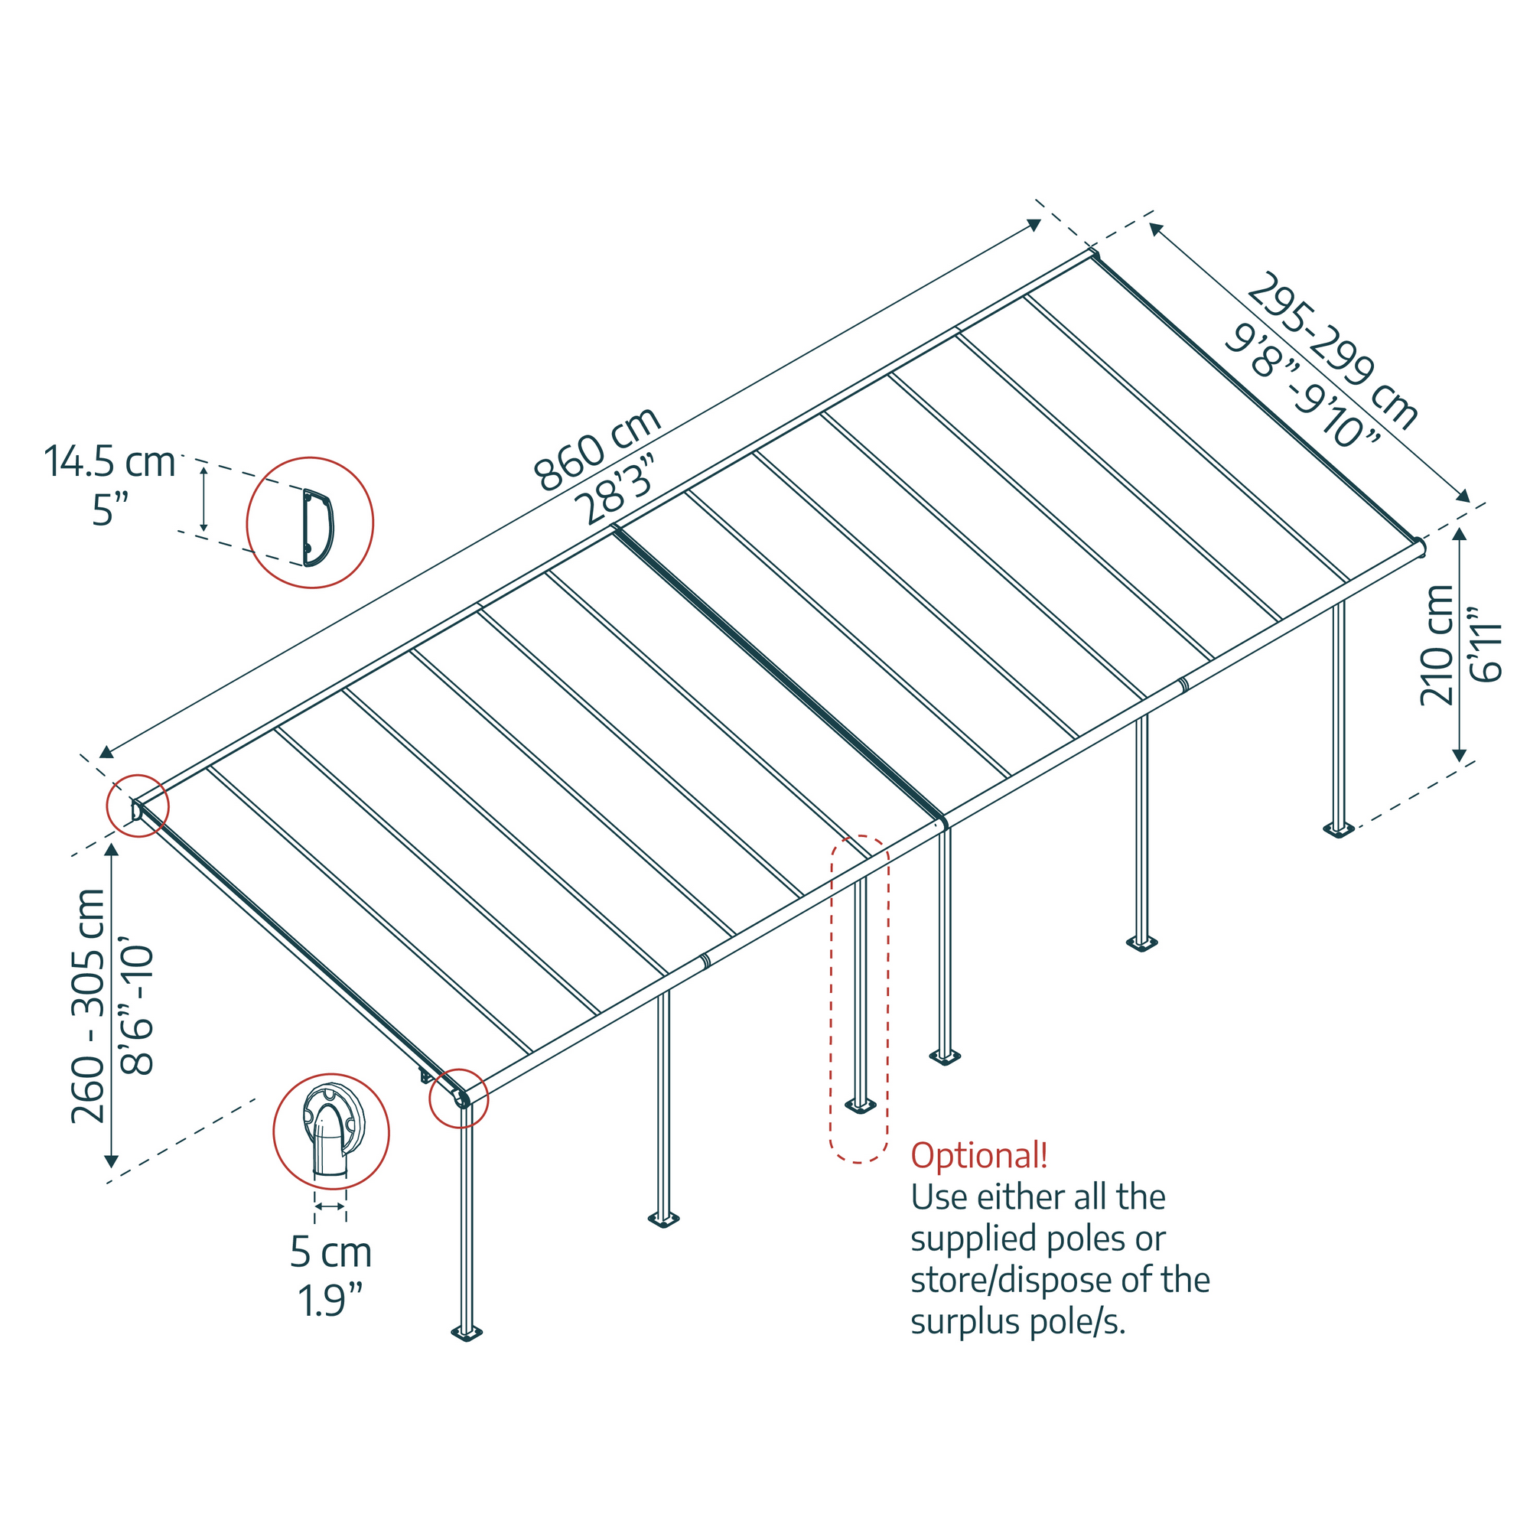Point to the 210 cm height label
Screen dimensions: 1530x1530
click(x=1437, y=645)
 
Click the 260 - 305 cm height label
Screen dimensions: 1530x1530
click(x=88, y=1006)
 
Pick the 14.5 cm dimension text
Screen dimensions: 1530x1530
click(x=109, y=462)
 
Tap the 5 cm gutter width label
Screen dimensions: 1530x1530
click(x=330, y=1252)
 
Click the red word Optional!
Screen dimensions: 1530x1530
click(x=979, y=1155)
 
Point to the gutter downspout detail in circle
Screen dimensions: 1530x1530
click(x=331, y=1133)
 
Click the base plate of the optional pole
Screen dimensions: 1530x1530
click(x=860, y=1105)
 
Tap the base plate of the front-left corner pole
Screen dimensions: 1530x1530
click(x=467, y=1333)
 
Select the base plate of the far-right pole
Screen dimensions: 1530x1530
click(x=1338, y=830)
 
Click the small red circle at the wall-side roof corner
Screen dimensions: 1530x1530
click(x=138, y=806)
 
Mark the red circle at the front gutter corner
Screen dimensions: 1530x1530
click(x=458, y=1098)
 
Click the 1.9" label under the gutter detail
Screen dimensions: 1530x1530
click(x=330, y=1300)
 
